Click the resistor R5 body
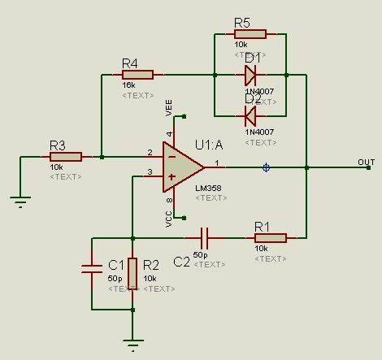250,34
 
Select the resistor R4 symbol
137,75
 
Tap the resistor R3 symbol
65,156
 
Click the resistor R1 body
270,237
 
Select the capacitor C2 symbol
205,237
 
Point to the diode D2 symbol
250,115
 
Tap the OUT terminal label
366,162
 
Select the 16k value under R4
128,85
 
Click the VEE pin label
170,106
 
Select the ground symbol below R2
132,344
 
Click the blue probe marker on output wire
266,167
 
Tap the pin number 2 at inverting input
150,152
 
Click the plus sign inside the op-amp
171,176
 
